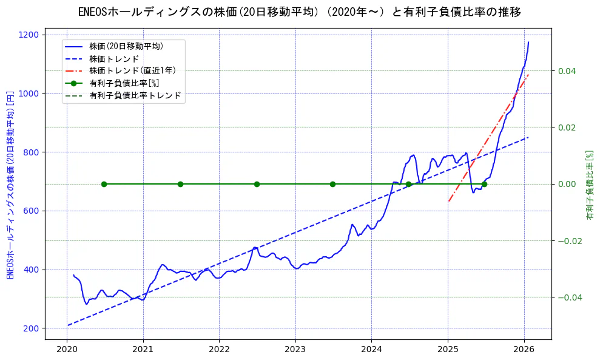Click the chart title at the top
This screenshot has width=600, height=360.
coord(300,12)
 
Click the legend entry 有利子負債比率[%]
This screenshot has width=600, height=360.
coord(124,83)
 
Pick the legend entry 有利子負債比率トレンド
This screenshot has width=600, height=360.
coord(135,95)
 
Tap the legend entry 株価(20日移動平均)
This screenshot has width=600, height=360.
coord(126,46)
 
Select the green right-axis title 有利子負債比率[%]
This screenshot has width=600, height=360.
coord(589,185)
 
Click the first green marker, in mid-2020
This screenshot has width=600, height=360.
coord(104,184)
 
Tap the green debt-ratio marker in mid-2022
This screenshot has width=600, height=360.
coord(257,184)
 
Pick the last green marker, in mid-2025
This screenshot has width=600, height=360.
coord(484,184)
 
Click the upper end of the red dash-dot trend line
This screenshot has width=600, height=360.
coord(528,74)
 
